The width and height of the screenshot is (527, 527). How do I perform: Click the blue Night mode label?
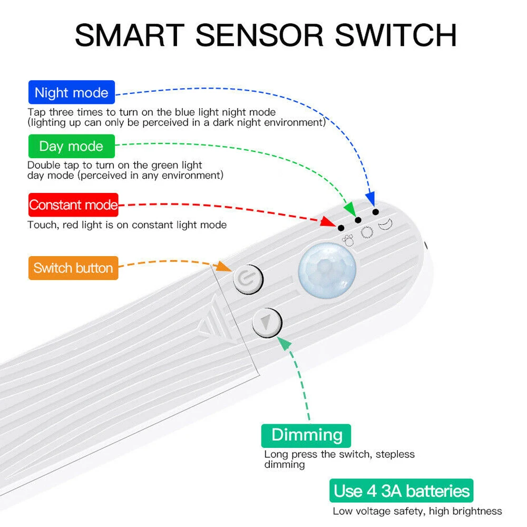coord(71,93)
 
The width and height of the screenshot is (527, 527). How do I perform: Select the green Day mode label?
coord(71,146)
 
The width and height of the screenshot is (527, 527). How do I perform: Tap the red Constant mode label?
coord(73,205)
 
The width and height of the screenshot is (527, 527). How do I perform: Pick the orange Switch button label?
coord(73,268)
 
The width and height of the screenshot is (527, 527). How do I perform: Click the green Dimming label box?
coord(306,435)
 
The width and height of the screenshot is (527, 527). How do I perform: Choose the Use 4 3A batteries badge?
coord(401,491)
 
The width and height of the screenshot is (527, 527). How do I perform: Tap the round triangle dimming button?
coord(268,322)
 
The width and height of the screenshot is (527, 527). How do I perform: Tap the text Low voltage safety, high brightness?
coord(417,511)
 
